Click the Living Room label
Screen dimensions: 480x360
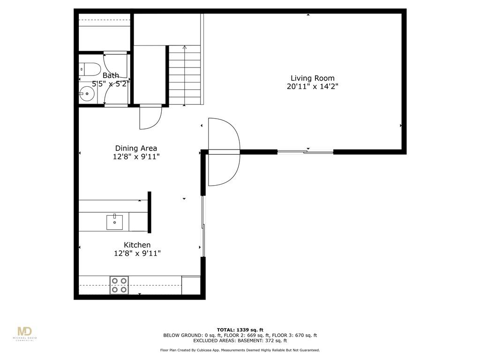click(x=313, y=78)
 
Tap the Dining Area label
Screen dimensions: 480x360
click(x=136, y=148)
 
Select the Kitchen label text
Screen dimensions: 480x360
click(x=137, y=245)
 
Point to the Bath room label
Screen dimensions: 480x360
click(x=111, y=75)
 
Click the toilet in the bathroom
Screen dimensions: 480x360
click(x=90, y=69)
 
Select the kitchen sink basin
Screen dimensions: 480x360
click(x=114, y=222)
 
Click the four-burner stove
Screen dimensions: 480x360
click(x=119, y=285)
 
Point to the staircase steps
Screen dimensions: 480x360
click(x=185, y=75)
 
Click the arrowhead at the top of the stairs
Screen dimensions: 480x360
click(x=185, y=47)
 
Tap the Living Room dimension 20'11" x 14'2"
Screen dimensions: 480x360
click(x=313, y=87)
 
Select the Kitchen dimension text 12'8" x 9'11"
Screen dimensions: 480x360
click(x=137, y=254)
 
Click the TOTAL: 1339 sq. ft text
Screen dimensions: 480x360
click(x=240, y=330)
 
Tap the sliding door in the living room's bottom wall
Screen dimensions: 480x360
click(x=305, y=151)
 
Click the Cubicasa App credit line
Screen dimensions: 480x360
click(x=240, y=350)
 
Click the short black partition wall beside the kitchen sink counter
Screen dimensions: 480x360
click(x=150, y=212)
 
